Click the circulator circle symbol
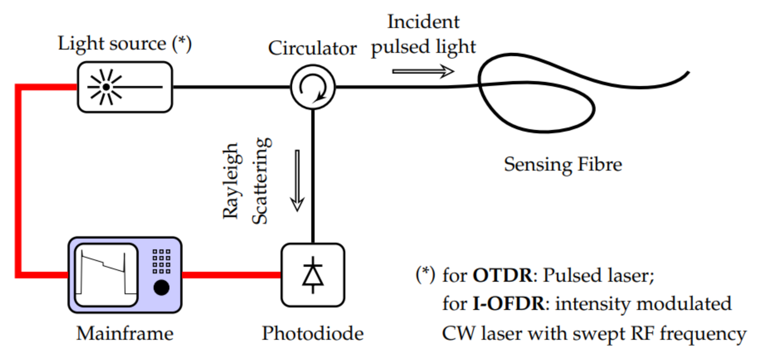coord(312,87)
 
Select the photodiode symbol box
coord(312,275)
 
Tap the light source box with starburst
coord(125,87)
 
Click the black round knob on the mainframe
coord(161,287)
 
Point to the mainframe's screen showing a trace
coord(106,275)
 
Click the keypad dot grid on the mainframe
coord(161,261)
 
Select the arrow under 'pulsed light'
coord(423,71)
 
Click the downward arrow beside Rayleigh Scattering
coord(297,180)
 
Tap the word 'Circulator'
coord(312,48)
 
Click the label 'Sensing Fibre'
coord(563,164)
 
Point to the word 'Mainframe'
coord(125,333)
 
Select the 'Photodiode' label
coord(312,333)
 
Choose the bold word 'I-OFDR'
coord(509,304)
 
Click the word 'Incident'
coord(423,22)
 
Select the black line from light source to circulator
coord(231,87)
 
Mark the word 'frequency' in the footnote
coord(703,334)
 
